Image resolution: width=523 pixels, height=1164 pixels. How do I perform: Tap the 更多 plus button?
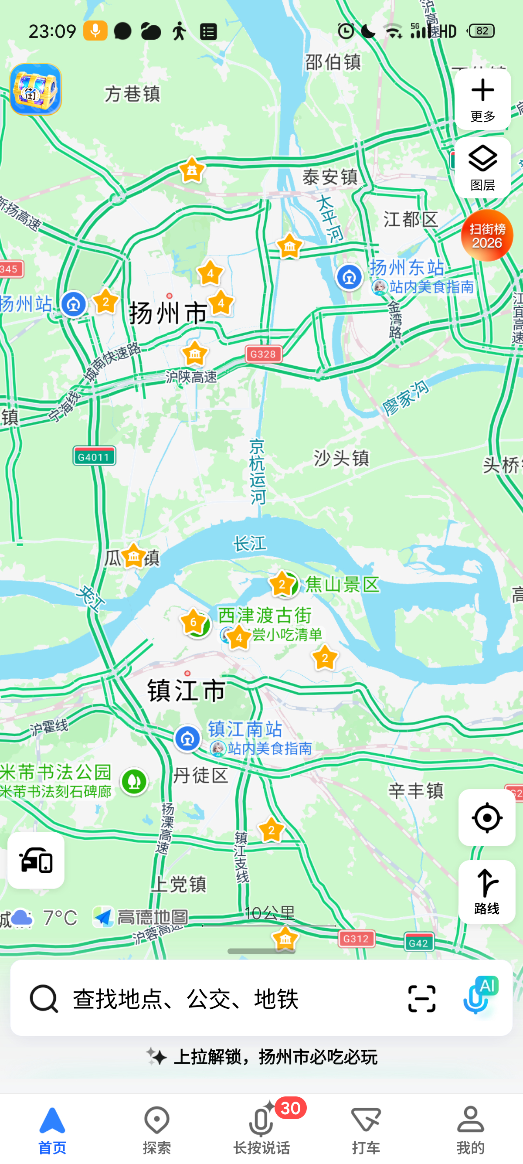click(482, 99)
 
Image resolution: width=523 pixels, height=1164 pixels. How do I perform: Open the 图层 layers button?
click(482, 168)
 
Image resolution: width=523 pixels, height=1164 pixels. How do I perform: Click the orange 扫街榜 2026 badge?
click(486, 235)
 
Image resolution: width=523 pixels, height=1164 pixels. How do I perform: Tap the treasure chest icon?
click(36, 89)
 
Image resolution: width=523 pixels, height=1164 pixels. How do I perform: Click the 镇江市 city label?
click(187, 690)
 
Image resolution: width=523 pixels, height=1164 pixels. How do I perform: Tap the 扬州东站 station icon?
click(349, 277)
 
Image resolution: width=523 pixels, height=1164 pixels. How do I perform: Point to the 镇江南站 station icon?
click(187, 739)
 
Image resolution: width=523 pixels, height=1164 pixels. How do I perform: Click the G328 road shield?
click(263, 354)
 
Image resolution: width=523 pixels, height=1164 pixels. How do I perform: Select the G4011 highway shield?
click(94, 456)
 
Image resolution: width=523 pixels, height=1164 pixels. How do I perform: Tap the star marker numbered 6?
click(194, 622)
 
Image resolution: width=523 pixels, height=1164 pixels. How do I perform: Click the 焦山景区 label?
click(342, 584)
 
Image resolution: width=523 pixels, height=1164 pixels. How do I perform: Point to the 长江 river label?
click(249, 544)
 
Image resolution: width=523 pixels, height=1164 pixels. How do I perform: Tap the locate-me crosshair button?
click(486, 817)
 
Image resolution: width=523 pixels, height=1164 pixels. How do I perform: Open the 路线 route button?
click(486, 892)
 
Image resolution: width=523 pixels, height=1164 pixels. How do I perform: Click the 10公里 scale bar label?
click(269, 914)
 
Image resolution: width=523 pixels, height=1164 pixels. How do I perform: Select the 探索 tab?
click(157, 1129)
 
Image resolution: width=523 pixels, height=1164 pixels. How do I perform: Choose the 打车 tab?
click(366, 1129)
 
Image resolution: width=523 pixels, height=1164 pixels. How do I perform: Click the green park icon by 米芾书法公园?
click(134, 781)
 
